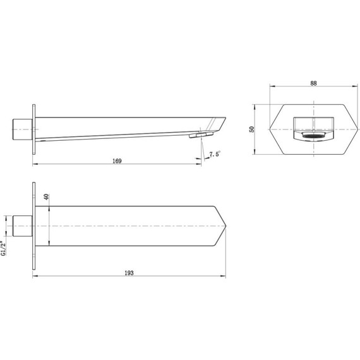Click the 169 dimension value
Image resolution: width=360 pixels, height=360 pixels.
click(117, 161)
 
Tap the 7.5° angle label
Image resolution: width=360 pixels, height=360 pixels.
click(214, 154)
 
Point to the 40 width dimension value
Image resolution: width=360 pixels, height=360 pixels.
click(46, 197)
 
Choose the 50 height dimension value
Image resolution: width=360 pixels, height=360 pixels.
click(251, 129)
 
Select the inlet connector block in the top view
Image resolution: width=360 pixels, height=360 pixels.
click(23, 225)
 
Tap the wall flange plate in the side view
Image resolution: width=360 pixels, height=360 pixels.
click(34, 129)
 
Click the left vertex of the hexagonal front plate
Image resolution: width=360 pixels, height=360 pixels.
click(270, 129)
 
